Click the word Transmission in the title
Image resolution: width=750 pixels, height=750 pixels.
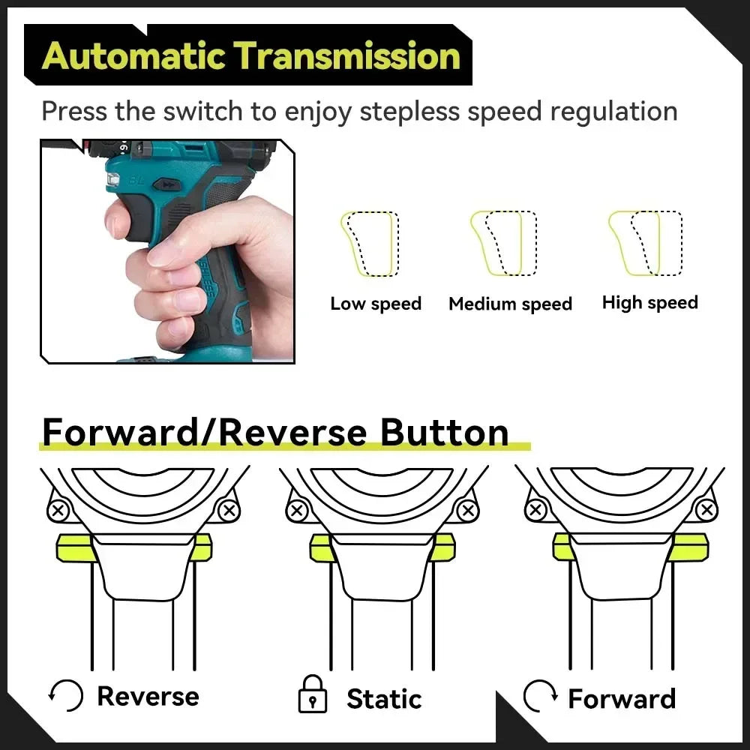[346, 57]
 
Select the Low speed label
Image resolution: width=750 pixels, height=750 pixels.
[376, 304]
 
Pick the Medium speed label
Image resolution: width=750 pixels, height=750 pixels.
[510, 304]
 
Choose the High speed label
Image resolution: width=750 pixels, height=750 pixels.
[649, 303]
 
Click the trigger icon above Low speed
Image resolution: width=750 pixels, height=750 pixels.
[370, 244]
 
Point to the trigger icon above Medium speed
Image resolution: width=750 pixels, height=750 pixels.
[502, 243]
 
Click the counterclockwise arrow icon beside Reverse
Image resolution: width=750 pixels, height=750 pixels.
[66, 696]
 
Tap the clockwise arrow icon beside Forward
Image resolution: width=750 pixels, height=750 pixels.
[540, 697]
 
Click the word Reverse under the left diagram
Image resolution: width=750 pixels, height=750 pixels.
[148, 696]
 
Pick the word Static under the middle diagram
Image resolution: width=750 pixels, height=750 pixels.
[384, 699]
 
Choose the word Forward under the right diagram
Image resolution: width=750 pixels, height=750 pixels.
[621, 699]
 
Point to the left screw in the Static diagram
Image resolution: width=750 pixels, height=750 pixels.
[298, 511]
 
